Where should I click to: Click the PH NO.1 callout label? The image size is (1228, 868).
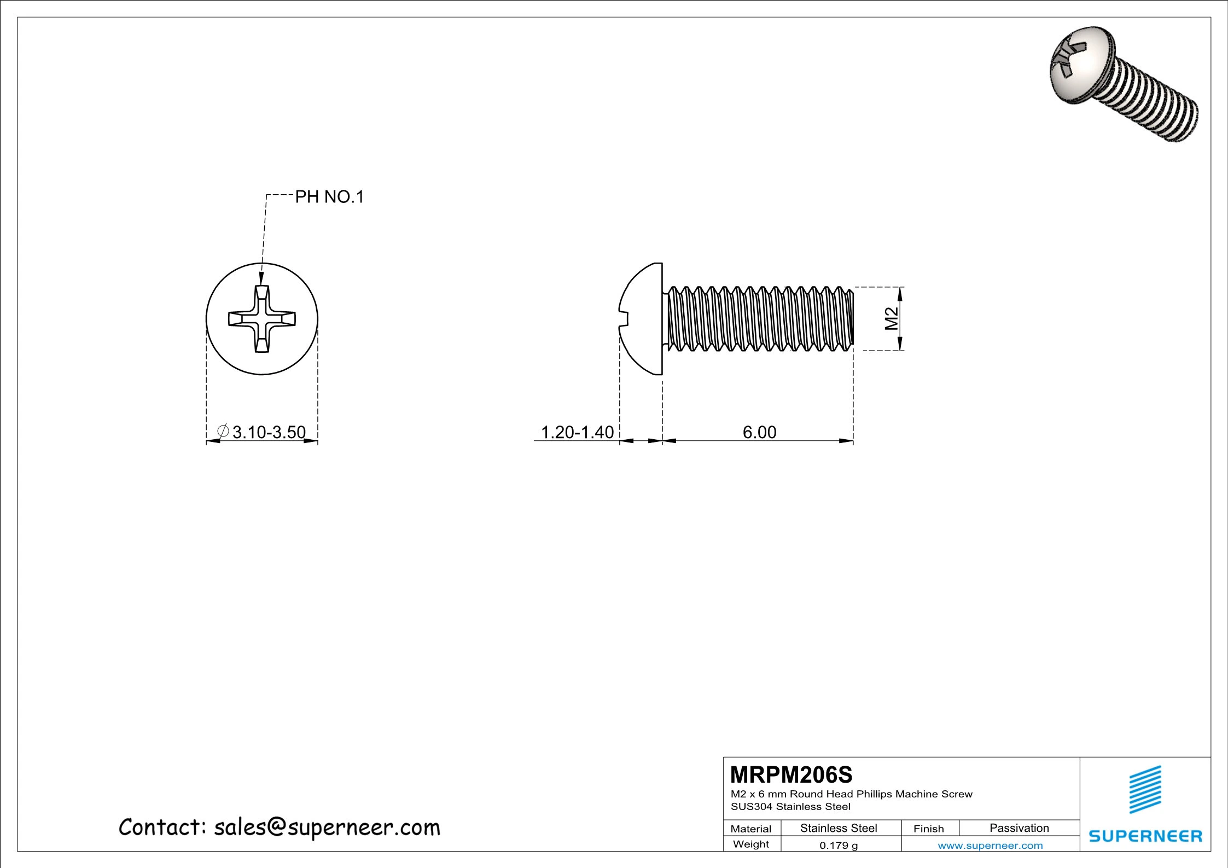(x=329, y=197)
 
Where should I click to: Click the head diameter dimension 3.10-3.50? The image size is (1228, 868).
(x=269, y=432)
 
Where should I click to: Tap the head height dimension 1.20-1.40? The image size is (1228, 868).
(x=577, y=432)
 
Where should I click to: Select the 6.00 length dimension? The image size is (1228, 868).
(x=759, y=432)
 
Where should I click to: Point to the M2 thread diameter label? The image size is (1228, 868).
(x=891, y=318)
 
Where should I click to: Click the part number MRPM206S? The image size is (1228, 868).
(x=791, y=775)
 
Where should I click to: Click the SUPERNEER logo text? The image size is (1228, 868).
(x=1145, y=836)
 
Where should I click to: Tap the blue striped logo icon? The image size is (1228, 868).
(x=1145, y=789)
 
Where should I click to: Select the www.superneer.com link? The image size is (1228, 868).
(x=990, y=846)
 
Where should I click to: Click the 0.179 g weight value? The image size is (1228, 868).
(x=839, y=846)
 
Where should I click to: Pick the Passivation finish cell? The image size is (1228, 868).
(x=1019, y=828)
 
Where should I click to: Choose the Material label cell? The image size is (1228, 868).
(x=751, y=829)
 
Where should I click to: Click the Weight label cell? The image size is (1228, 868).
(x=751, y=844)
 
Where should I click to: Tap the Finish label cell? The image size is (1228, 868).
(x=928, y=829)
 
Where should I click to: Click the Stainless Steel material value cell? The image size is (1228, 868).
(x=839, y=828)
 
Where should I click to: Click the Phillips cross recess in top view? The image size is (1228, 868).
(x=262, y=319)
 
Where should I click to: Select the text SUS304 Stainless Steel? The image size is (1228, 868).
(x=790, y=806)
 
